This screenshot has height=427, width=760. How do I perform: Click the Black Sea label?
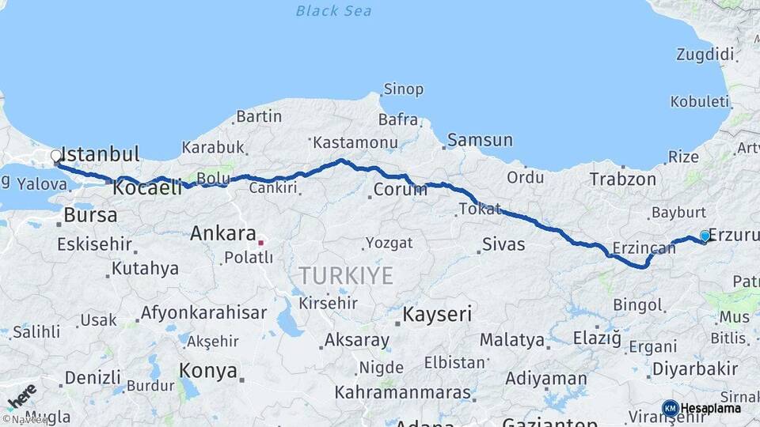[333, 10]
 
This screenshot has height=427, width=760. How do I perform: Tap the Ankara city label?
[222, 233]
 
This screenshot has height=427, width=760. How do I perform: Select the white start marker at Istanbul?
[56, 156]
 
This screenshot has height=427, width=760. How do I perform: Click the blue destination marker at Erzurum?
[705, 236]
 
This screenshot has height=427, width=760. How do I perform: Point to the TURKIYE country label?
[345, 275]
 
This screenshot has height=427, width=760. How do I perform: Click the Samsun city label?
[480, 141]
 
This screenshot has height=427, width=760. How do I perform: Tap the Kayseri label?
[437, 314]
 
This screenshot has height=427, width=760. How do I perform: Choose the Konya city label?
[208, 370]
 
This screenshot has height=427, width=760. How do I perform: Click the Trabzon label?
[622, 179]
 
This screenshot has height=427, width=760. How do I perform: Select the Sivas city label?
[503, 244]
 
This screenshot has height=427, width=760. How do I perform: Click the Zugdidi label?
[705, 55]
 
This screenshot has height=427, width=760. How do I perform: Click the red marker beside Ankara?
[260, 242]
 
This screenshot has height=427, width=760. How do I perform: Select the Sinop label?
[403, 89]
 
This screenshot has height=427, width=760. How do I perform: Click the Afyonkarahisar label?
[203, 312]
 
